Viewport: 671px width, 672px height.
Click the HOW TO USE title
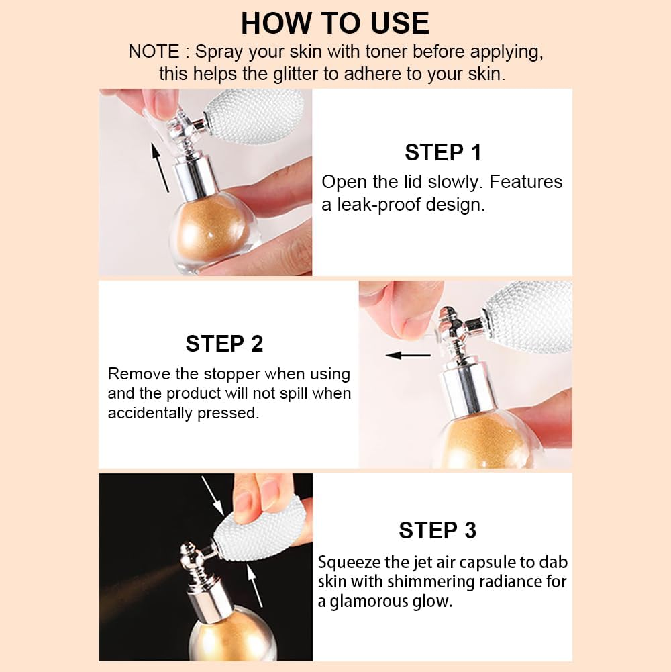335,23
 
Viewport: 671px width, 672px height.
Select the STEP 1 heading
443,152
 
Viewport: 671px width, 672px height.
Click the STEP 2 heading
224,344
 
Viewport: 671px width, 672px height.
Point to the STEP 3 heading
437,530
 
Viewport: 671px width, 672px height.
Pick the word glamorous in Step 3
372,602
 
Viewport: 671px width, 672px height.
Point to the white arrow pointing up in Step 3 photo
258,584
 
